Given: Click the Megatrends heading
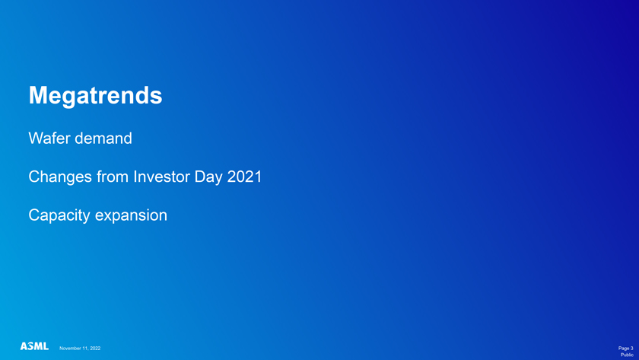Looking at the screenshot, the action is tap(95, 96).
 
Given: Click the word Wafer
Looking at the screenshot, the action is tap(46, 139).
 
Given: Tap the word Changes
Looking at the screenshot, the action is tap(60, 177).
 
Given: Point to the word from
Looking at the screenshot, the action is tap(113, 177).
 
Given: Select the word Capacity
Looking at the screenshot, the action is tap(59, 215).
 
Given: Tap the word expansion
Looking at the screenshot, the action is tap(131, 215).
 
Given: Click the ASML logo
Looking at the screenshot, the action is tap(35, 346).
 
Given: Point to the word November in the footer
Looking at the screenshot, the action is tap(70, 348).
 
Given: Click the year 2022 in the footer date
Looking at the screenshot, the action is tap(95, 348).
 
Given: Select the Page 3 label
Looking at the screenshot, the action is tap(625, 348).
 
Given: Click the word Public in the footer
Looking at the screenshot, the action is tap(627, 355).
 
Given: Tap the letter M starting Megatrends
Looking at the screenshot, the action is tap(37, 95).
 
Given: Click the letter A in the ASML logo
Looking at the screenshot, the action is tap(24, 346).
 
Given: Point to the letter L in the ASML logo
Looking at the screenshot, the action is tap(46, 346).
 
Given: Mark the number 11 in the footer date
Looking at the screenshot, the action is tap(84, 348).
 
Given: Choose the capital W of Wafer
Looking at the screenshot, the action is tap(35, 139).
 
